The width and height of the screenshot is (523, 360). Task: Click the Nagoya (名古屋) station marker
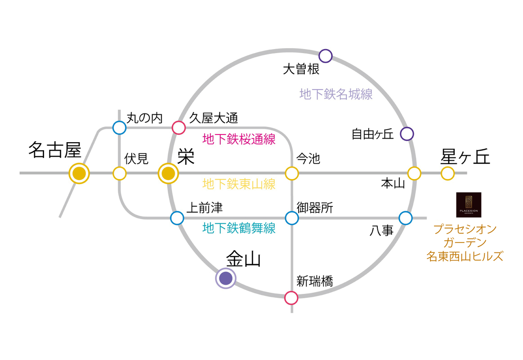click(79, 173)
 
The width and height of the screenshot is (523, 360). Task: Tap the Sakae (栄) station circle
click(168, 173)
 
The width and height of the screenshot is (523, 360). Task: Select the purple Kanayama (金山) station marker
click(226, 279)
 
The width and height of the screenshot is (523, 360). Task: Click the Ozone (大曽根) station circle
click(326, 56)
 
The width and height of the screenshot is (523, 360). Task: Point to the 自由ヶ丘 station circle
click(407, 134)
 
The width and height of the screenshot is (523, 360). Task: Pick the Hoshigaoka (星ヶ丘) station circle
click(447, 173)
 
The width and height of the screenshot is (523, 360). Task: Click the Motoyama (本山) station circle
click(414, 173)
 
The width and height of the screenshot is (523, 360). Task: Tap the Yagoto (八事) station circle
click(406, 218)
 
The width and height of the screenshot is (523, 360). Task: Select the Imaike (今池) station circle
click(292, 173)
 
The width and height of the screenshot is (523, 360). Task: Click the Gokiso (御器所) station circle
click(292, 218)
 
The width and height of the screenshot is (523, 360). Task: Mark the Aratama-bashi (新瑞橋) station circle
click(291, 297)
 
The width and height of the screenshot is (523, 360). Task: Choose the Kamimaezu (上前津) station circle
click(177, 218)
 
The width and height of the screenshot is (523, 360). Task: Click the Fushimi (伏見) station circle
click(120, 173)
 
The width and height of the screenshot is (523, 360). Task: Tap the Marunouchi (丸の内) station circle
click(120, 128)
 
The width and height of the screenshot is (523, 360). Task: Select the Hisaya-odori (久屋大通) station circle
click(179, 128)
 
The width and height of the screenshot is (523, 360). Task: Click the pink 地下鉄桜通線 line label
click(239, 139)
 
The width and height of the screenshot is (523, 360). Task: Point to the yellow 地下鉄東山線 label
click(239, 184)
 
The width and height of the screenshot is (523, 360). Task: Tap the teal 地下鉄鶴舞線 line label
click(239, 229)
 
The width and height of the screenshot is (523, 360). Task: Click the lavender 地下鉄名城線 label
click(336, 94)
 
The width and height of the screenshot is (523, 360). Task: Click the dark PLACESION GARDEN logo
click(469, 205)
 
